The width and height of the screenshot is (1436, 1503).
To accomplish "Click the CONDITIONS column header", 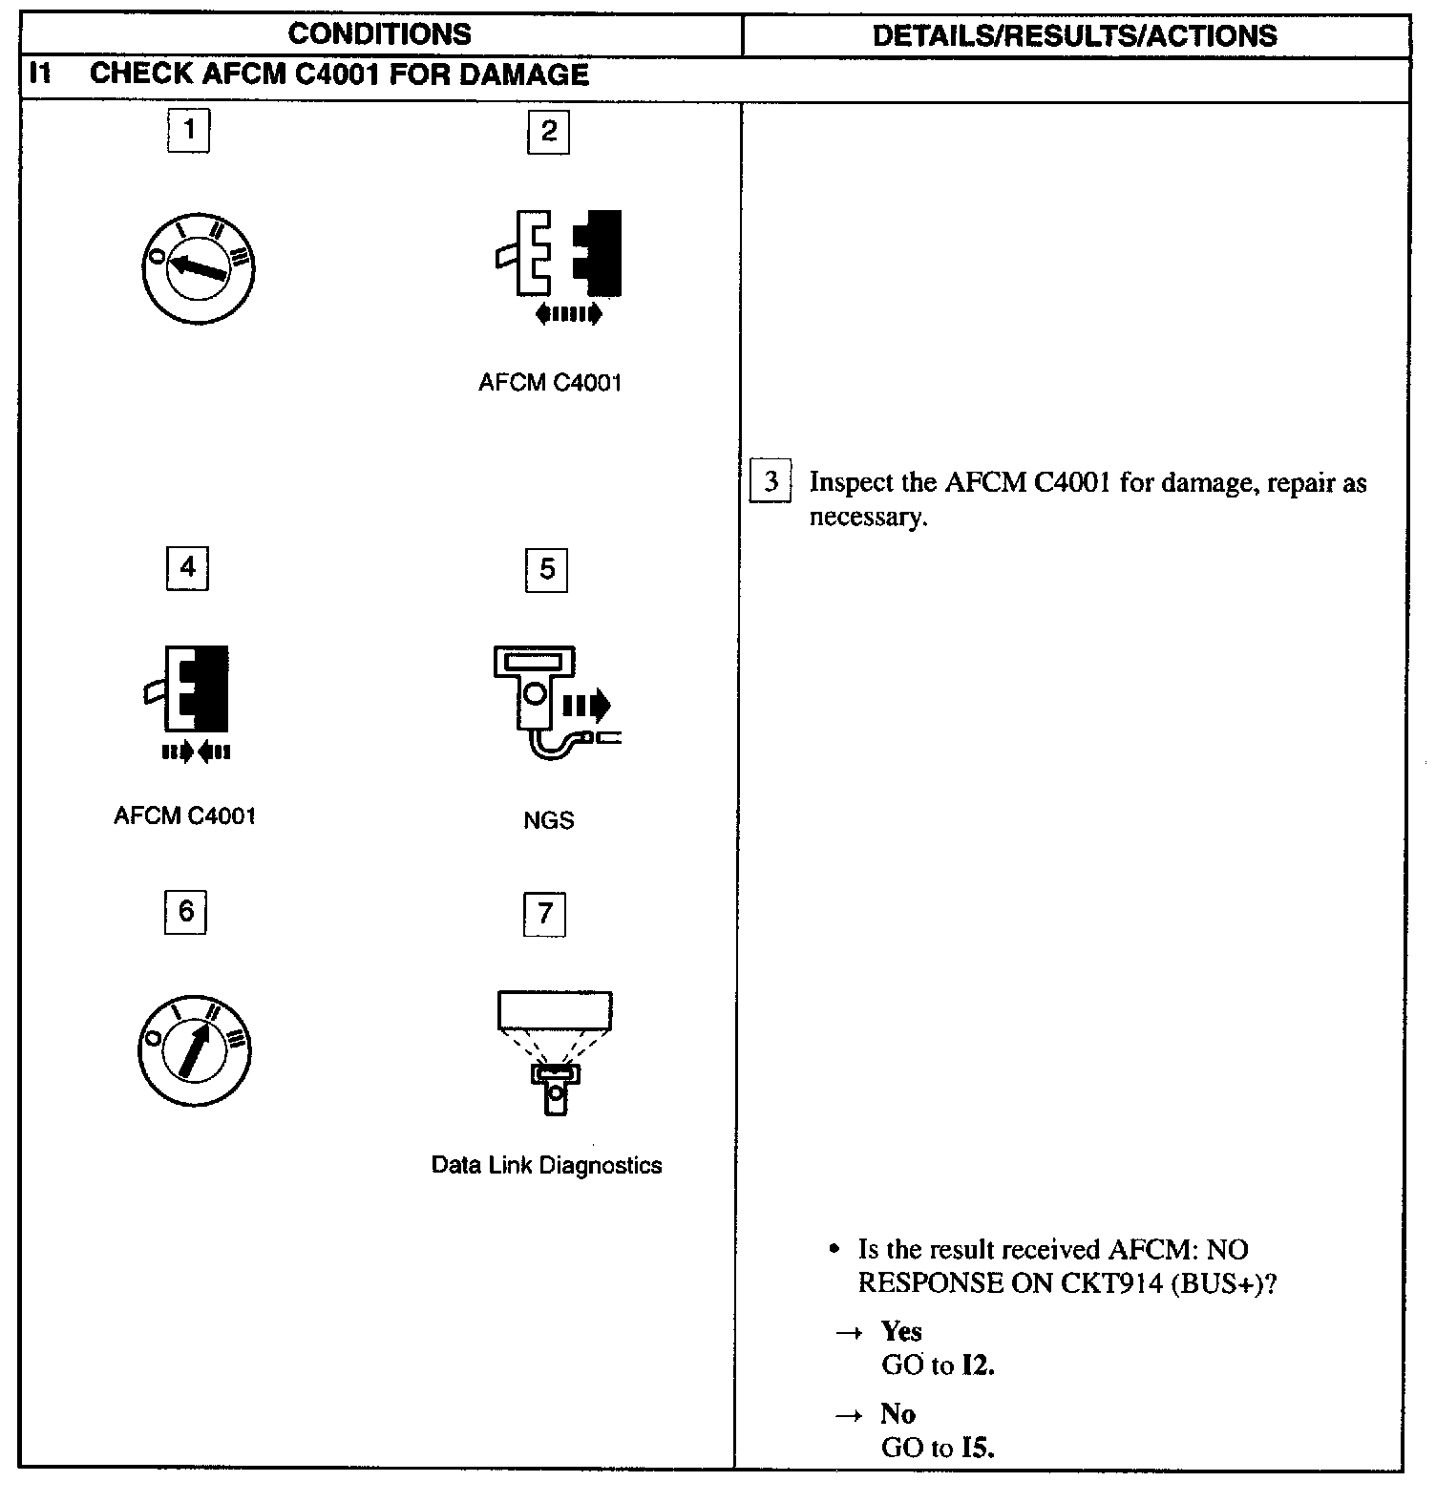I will click(x=379, y=34).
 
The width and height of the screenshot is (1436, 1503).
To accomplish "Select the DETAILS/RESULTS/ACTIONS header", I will click(x=1074, y=36).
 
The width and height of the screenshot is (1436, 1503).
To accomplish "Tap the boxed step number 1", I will click(x=189, y=130).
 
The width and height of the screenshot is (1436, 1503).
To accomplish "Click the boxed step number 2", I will click(x=548, y=132).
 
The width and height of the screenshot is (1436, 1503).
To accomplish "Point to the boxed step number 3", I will click(x=771, y=481).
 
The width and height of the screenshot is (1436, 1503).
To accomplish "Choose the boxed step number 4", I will click(x=187, y=568).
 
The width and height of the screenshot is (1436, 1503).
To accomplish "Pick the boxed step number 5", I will click(x=547, y=570).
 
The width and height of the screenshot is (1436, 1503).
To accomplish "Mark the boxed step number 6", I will click(x=185, y=911).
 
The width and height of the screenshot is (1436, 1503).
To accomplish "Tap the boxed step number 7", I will click(x=545, y=914).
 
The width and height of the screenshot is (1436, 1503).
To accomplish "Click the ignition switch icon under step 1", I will click(x=198, y=266).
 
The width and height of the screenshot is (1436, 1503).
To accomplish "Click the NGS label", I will click(x=548, y=820).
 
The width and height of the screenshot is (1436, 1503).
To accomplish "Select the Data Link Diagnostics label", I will click(x=546, y=1165).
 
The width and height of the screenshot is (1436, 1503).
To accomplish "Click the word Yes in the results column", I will click(x=901, y=1331).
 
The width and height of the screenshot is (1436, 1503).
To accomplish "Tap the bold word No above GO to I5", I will click(x=897, y=1413).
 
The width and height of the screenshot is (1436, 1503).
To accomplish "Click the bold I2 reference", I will click(x=978, y=1365).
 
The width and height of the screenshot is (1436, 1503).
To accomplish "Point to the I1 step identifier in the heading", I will click(x=39, y=74).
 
